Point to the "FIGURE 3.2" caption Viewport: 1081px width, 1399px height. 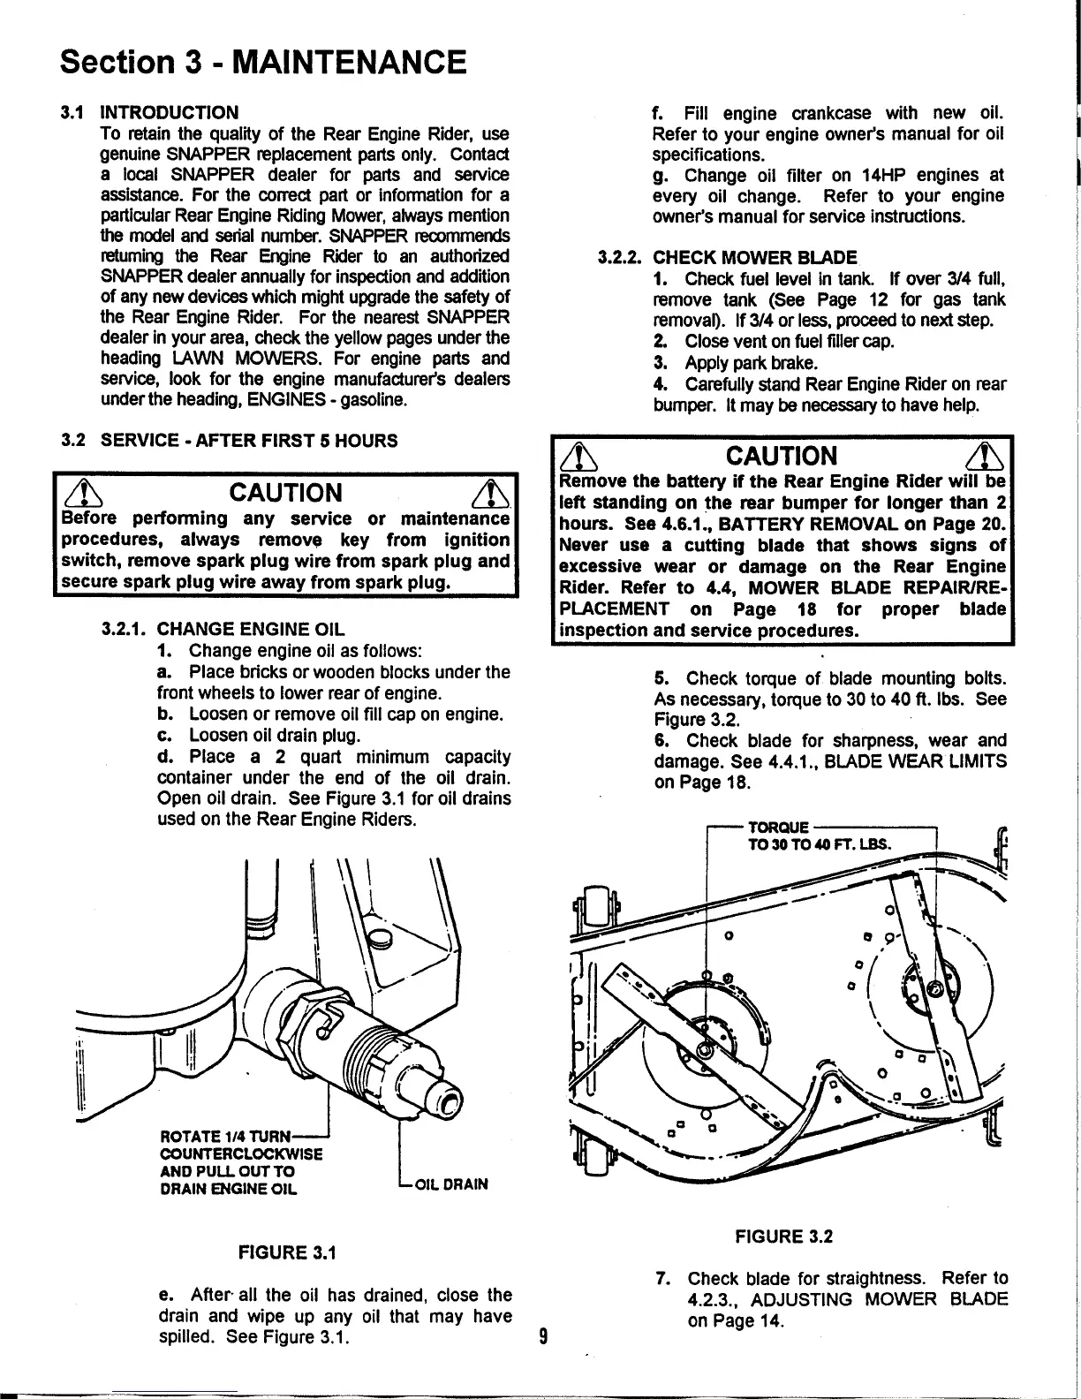(x=783, y=1236)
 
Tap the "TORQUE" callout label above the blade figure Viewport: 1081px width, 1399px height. (x=778, y=828)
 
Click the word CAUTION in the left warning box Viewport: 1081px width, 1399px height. (x=285, y=492)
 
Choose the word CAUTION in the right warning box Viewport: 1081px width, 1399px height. (x=781, y=456)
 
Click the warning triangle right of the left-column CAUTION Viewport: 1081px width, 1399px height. (x=487, y=493)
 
